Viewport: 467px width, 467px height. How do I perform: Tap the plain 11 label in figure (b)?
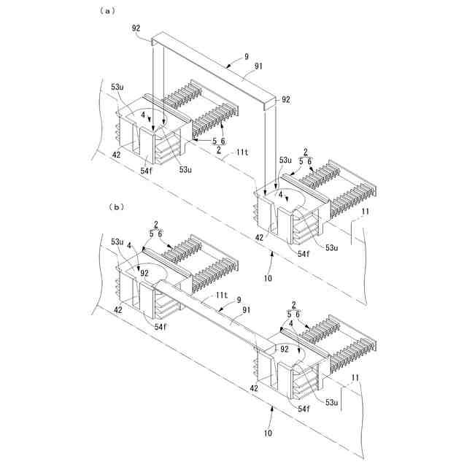click(x=355, y=377)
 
